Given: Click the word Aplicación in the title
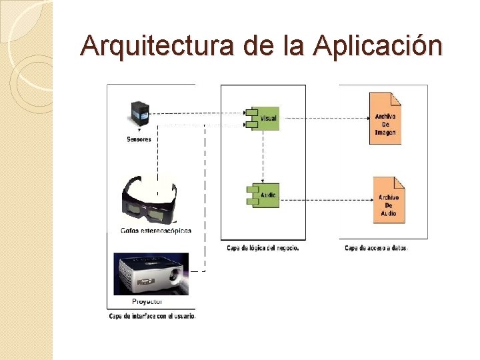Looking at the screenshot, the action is (377, 46).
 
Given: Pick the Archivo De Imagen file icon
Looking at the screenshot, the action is (385, 118).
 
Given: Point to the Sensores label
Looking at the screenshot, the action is (139, 139).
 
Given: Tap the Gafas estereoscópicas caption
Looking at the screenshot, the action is (156, 231).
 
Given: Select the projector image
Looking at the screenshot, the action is (151, 273).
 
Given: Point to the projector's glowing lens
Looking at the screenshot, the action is (177, 281).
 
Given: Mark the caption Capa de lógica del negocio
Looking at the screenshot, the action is (263, 248).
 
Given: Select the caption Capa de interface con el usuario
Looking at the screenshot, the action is (153, 316).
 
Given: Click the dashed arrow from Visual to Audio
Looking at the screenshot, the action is (263, 157).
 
